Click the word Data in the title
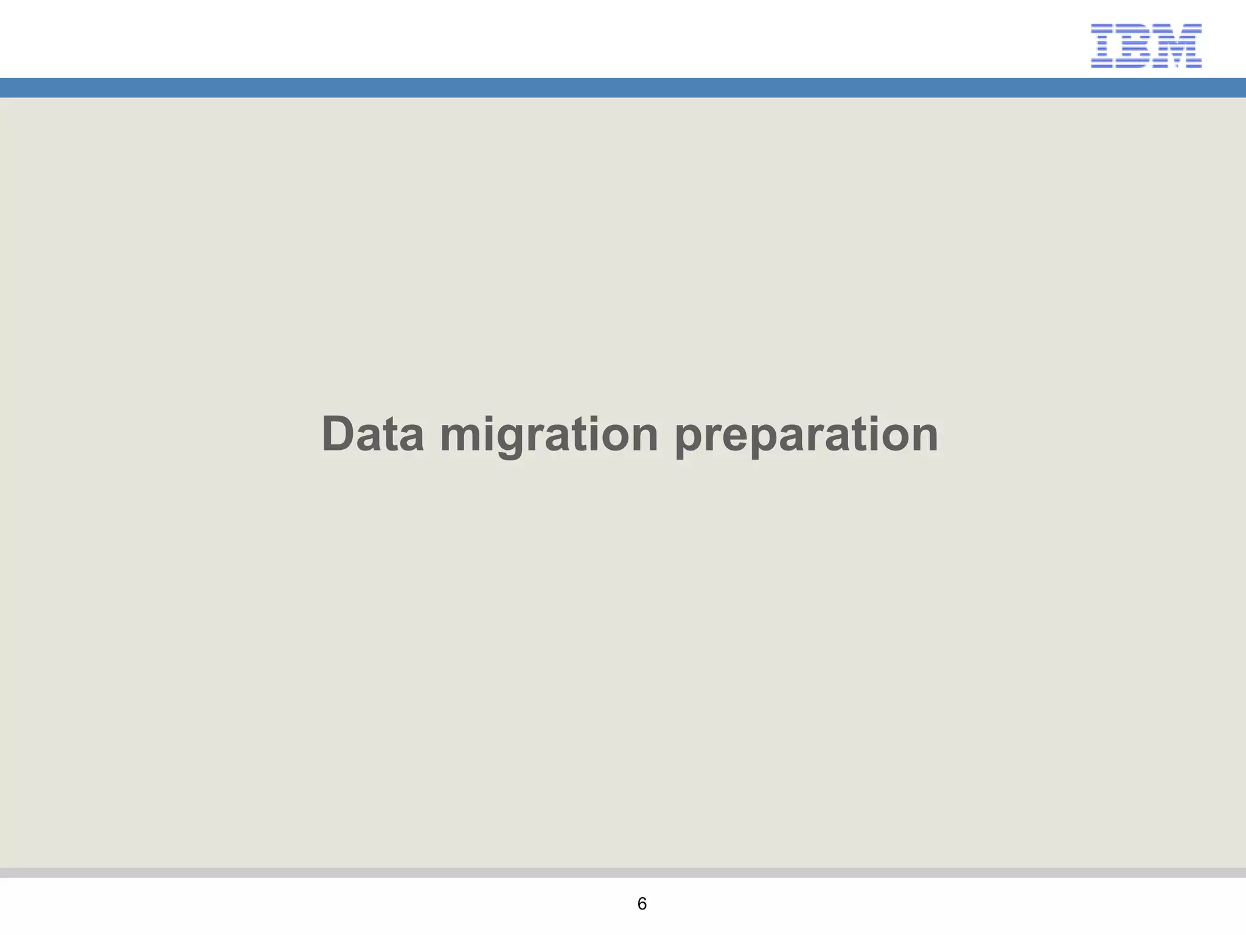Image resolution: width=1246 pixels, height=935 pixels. point(372,433)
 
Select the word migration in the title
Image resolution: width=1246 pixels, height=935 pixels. point(549,435)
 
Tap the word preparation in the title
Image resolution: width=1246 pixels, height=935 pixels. point(806,435)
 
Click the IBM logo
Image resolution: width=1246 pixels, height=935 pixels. point(1146,46)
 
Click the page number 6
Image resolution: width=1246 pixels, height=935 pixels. point(642,904)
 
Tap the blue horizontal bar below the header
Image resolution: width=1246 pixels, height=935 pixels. point(623,88)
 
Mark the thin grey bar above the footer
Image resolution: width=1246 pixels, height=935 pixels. point(623,872)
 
